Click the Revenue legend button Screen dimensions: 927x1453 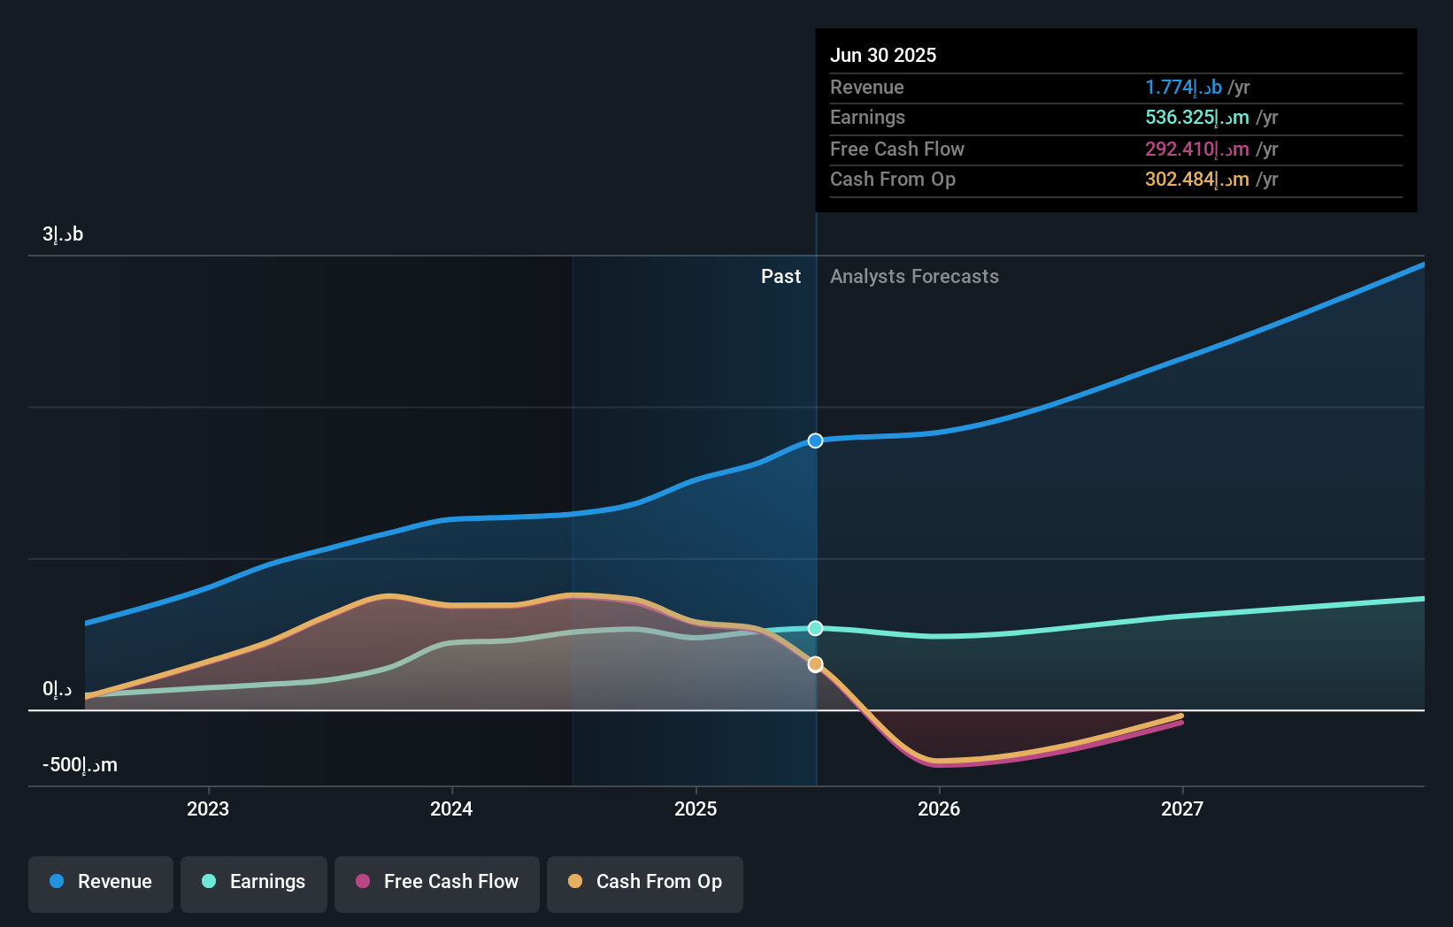101,882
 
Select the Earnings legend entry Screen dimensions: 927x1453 254,882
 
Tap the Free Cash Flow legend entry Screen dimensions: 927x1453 437,882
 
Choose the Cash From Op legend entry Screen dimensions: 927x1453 645,882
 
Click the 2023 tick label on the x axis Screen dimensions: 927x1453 208,808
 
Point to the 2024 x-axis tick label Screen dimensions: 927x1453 451,808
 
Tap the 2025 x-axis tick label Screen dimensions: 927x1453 696,808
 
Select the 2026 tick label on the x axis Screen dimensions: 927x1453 939,808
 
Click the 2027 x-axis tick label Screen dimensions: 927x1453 1182,808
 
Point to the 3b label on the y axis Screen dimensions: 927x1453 63,234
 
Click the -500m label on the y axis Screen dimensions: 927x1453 80,765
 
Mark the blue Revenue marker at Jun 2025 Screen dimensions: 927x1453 816,441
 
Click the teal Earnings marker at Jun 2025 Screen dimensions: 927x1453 816,628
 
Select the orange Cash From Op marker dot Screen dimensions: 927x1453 816,664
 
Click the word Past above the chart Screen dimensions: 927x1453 780,277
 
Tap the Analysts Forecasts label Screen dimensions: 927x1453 914,277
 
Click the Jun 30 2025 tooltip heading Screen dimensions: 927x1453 883,55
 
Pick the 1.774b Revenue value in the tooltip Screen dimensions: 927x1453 1183,88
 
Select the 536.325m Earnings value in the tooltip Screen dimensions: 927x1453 1196,118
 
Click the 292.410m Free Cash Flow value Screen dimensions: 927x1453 1196,149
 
